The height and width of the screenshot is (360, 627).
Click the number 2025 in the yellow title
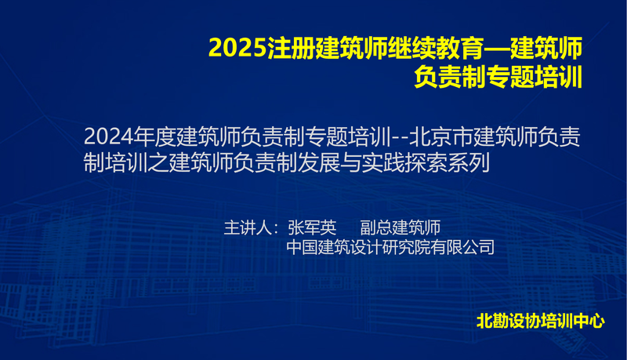tap(238, 48)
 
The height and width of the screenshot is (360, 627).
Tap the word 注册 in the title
tap(291, 48)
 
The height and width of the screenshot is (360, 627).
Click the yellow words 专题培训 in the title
tap(534, 77)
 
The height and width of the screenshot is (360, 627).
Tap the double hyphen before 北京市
tap(400, 138)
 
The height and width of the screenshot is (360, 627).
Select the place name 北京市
tap(441, 136)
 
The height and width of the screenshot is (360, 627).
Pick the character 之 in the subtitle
tap(158, 163)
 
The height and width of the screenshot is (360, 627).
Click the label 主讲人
tap(248, 227)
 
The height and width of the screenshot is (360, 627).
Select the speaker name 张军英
tap(312, 227)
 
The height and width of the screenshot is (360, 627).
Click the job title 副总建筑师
tap(400, 227)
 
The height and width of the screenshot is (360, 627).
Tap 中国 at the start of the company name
tap(302, 247)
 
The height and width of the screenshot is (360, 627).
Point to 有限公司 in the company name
tap(462, 247)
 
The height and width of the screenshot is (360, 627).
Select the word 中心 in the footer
tap(589, 322)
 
